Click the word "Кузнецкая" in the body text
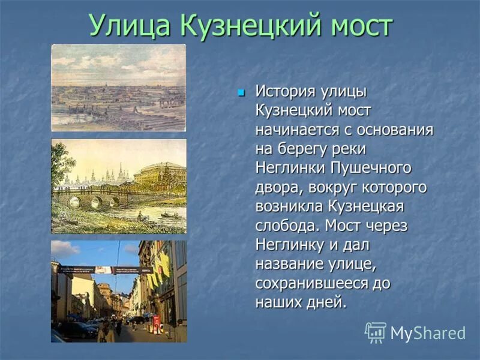pos(366,206)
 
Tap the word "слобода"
pos(287,225)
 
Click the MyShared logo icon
pos(376,332)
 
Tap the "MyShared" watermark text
pos(428,334)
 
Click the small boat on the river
pos(170,215)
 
